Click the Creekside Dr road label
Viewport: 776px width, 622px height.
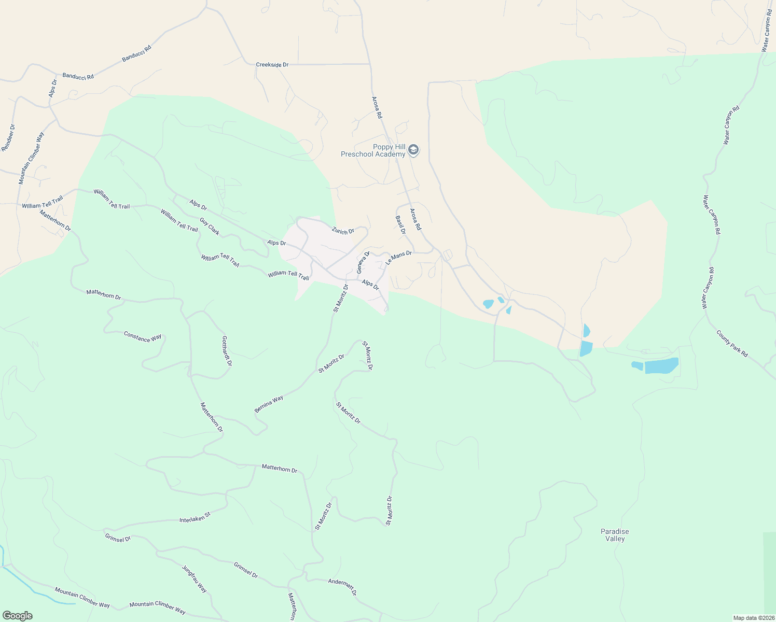click(x=272, y=65)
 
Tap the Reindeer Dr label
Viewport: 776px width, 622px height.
click(x=8, y=138)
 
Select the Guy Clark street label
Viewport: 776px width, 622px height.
click(x=210, y=228)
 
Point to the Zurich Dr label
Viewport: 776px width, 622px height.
click(x=343, y=231)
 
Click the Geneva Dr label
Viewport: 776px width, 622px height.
click(x=363, y=263)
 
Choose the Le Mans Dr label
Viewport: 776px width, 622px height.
click(x=398, y=258)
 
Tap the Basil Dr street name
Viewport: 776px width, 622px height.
click(x=400, y=225)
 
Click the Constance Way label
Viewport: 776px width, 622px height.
click(x=143, y=337)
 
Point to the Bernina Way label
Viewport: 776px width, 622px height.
click(x=269, y=404)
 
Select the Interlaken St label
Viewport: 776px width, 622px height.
click(x=195, y=517)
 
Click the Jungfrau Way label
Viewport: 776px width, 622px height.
click(x=195, y=579)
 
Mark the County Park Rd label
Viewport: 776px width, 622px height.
click(x=732, y=343)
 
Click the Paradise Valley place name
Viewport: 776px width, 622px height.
click(x=615, y=535)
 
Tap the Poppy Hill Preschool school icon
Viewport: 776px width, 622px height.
click(x=413, y=150)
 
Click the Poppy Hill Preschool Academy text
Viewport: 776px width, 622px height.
click(x=373, y=151)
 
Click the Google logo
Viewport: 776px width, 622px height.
click(x=17, y=616)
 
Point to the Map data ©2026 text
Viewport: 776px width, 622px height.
click(x=753, y=618)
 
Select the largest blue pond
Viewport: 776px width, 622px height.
click(x=661, y=365)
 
